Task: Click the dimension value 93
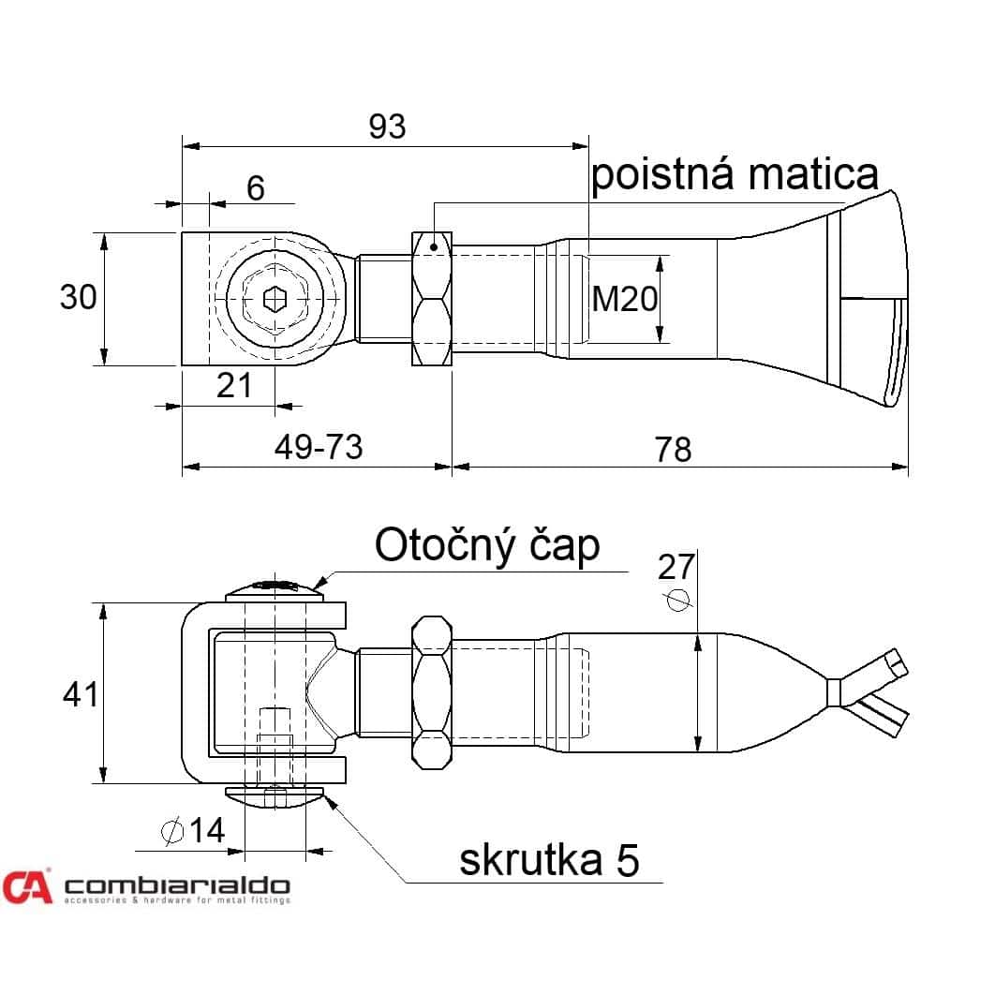point(387,126)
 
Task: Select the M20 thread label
point(625,298)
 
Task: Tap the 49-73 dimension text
point(319,447)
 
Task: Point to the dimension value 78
point(674,450)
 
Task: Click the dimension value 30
point(78,297)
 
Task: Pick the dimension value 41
point(81,694)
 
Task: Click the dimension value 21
point(234,385)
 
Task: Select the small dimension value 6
point(256,187)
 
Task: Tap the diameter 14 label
point(194,830)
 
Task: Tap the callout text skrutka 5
point(550,860)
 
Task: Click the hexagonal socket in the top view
point(275,299)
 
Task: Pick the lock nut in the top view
point(432,299)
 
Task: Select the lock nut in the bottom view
point(432,692)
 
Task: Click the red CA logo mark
point(26,886)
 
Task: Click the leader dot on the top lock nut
point(434,246)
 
